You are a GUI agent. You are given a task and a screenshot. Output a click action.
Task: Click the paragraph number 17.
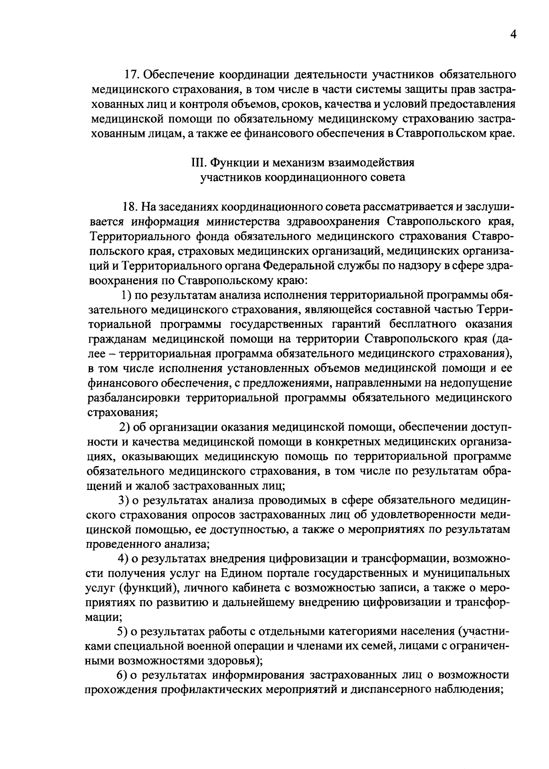[130, 74]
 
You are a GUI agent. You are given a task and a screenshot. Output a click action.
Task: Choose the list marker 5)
[123, 632]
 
